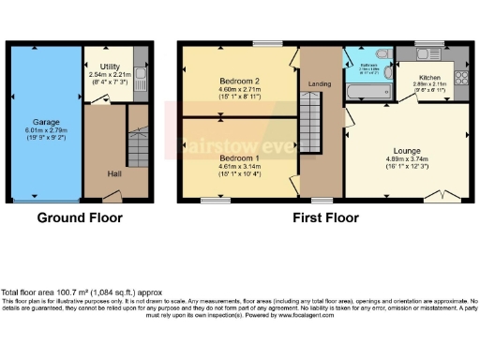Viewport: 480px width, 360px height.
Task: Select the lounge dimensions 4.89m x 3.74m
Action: [406, 158]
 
